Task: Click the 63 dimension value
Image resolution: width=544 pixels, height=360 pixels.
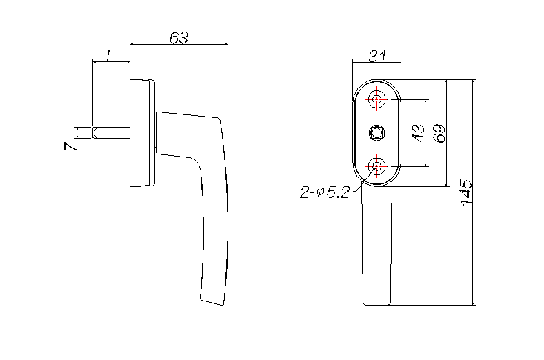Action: click(178, 38)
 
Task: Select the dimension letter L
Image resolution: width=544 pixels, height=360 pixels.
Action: click(110, 55)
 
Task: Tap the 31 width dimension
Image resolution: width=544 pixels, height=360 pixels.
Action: click(376, 55)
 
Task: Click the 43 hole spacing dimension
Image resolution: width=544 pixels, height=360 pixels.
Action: click(417, 133)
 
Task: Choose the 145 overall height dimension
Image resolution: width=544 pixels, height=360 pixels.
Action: click(465, 192)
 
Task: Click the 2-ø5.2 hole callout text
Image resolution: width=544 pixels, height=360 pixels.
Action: click(324, 192)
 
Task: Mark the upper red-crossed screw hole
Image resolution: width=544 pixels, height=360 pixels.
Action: click(377, 100)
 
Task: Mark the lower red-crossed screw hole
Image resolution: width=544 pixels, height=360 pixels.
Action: click(377, 166)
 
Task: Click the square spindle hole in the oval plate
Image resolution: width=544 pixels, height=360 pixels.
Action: click(377, 131)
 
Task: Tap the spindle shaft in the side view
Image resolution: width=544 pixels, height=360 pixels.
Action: click(110, 132)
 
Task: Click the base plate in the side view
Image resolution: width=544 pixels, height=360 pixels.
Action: click(141, 132)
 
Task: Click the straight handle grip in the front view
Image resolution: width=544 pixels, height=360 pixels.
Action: click(378, 248)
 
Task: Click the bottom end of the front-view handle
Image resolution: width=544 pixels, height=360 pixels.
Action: click(378, 303)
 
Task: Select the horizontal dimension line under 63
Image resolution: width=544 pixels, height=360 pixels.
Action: click(178, 45)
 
